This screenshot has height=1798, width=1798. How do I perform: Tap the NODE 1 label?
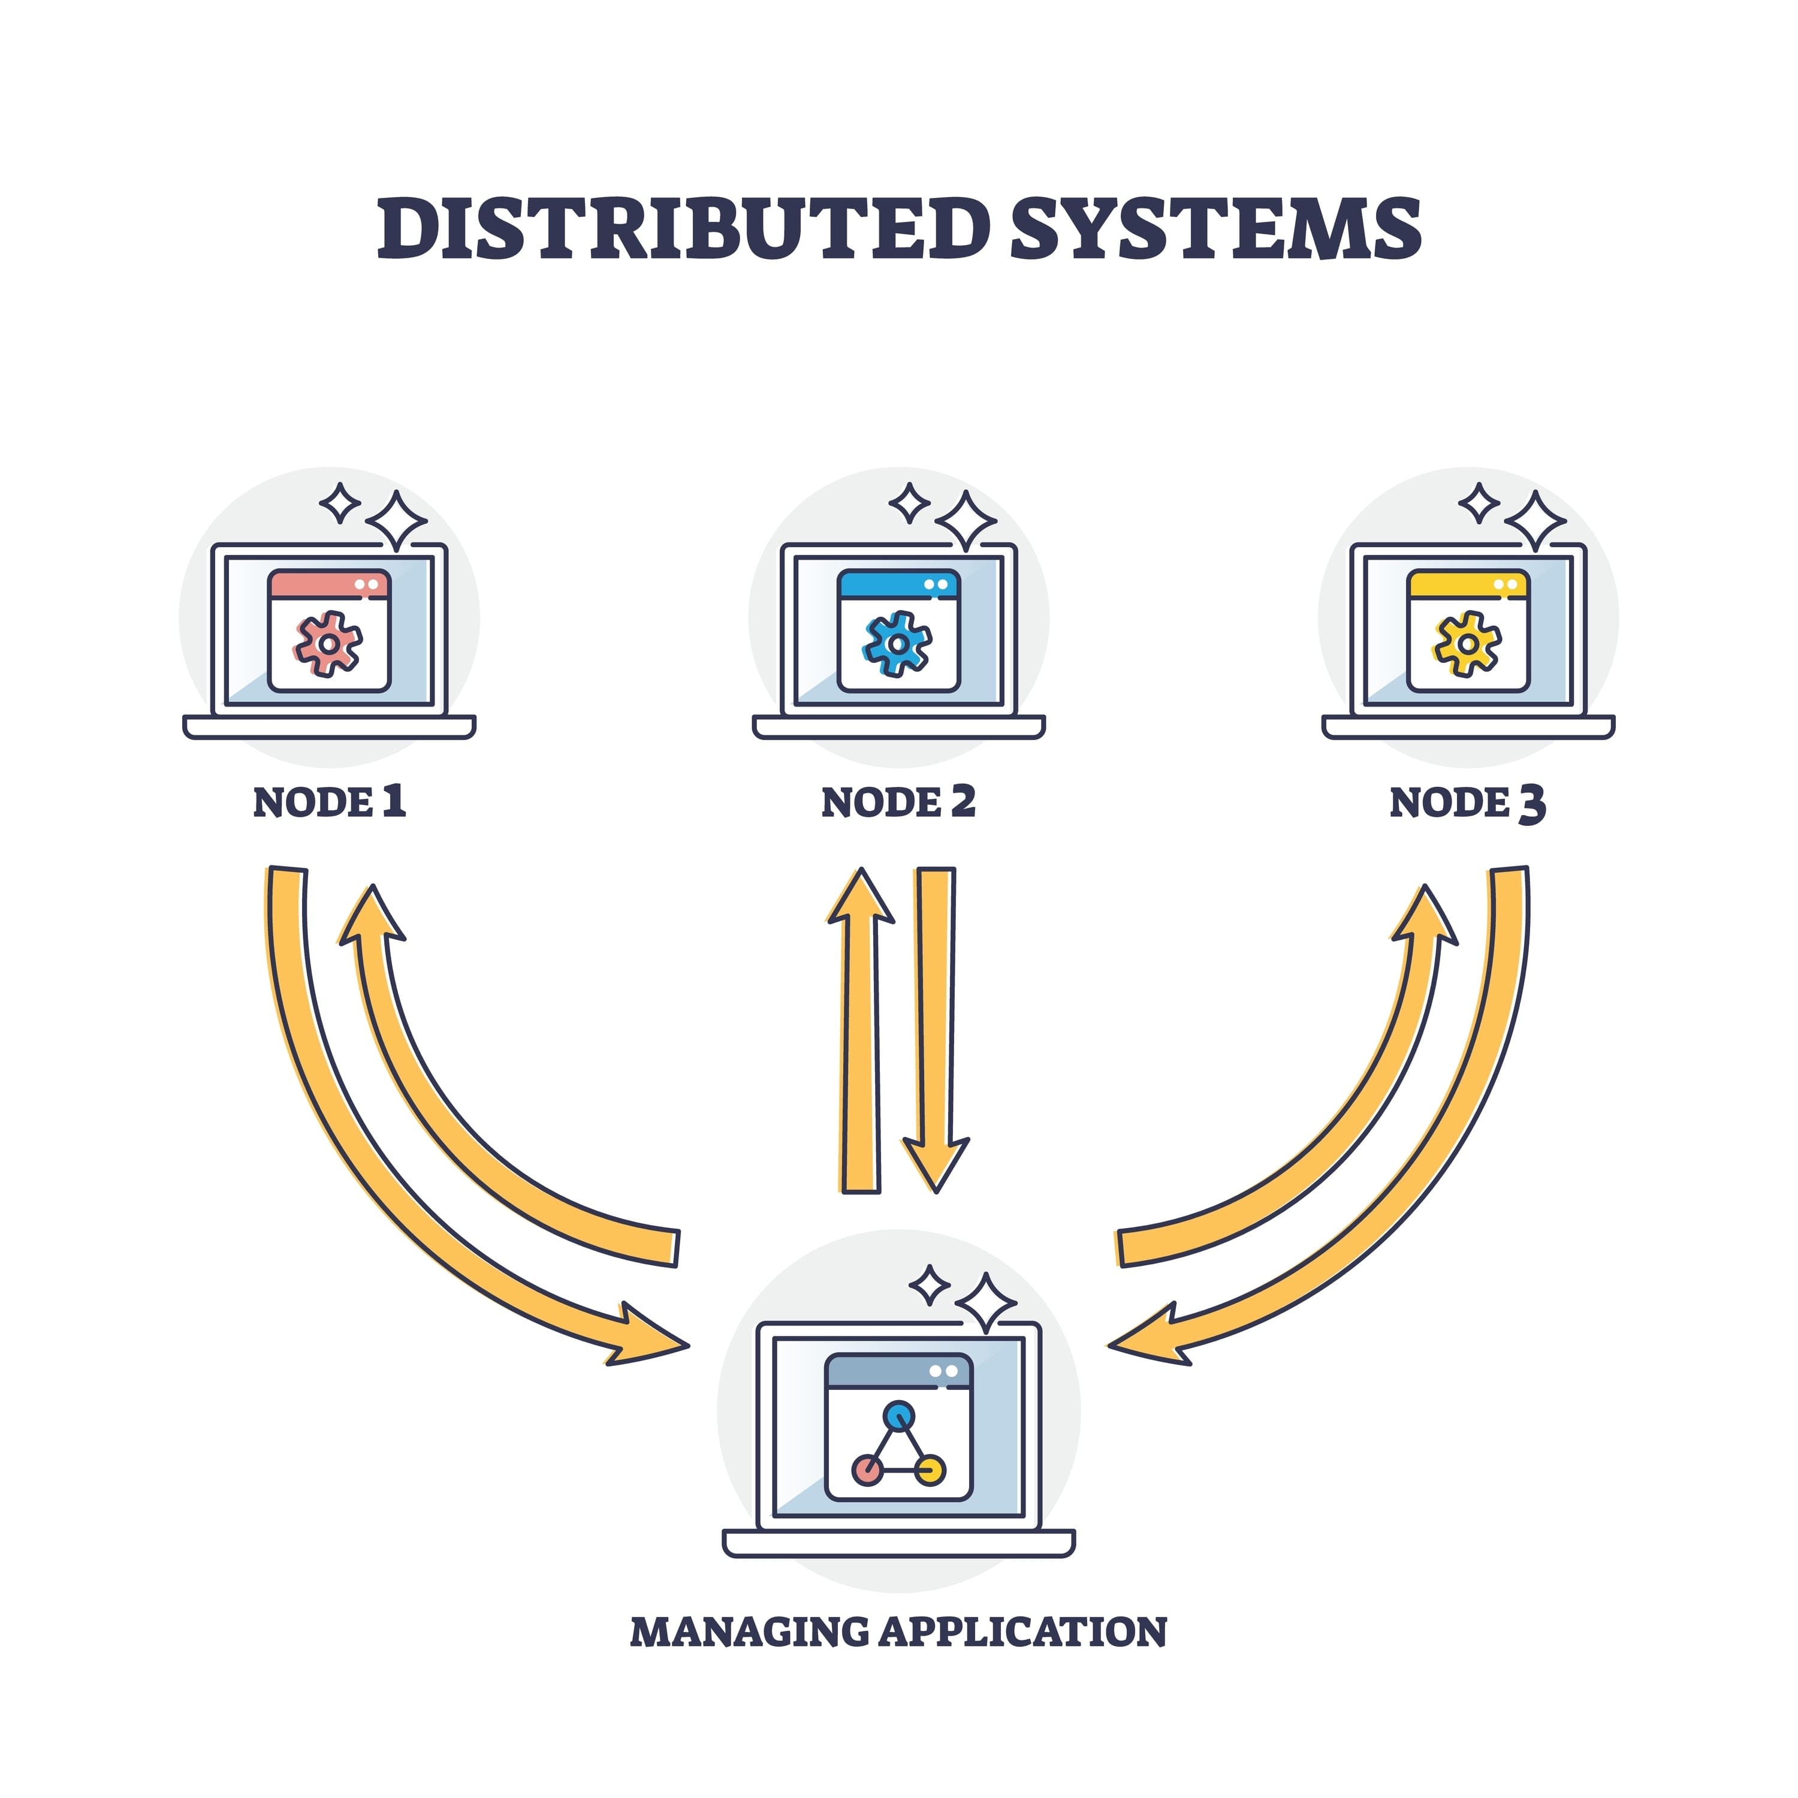point(330,803)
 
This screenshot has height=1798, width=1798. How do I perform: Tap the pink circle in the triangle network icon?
point(867,1470)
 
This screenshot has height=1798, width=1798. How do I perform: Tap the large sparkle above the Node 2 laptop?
point(966,521)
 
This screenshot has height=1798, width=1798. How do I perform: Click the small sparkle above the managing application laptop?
point(929,1286)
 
